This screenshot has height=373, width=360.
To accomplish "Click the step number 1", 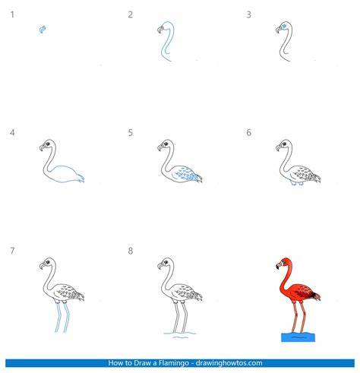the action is [12, 14].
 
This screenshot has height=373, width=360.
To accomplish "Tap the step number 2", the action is [130, 14].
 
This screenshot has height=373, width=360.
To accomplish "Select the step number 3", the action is [248, 14].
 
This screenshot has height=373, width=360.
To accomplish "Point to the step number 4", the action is [12, 132].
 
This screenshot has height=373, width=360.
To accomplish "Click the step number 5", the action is [130, 132].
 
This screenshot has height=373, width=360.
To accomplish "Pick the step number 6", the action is [248, 132].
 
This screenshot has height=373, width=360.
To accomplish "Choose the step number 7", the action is [12, 251].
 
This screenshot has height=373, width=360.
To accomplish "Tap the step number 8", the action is [130, 251].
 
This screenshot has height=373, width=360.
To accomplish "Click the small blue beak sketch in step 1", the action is [43, 30].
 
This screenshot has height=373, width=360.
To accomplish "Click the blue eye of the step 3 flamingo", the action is [284, 26].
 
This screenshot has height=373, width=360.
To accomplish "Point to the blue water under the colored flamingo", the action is [298, 337].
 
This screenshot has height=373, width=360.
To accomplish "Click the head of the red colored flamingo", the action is [285, 264].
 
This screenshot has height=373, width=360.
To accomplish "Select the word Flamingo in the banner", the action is [174, 363].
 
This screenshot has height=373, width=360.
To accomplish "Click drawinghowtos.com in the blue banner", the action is [229, 363].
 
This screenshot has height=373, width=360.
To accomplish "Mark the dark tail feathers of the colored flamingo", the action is [315, 296].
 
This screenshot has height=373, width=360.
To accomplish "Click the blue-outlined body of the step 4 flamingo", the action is [66, 174].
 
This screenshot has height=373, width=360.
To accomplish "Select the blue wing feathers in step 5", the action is [188, 173].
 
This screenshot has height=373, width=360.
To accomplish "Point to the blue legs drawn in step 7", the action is [62, 318].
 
